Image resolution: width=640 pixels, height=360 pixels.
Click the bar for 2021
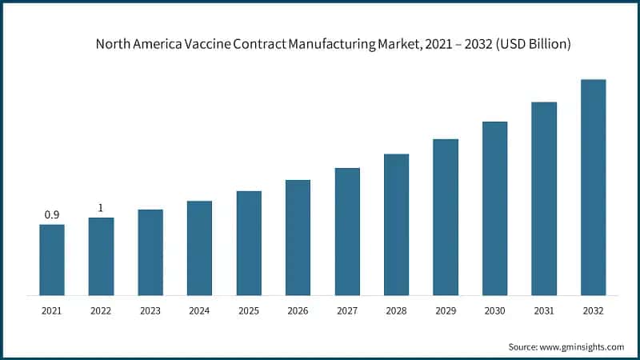[52, 260]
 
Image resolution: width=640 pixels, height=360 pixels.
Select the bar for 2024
[199, 248]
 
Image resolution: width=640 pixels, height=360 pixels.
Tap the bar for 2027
[347, 232]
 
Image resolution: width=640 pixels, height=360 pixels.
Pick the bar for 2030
[494, 209]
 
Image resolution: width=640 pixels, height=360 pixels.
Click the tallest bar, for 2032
[593, 188]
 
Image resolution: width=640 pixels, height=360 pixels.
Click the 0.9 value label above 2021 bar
[52, 214]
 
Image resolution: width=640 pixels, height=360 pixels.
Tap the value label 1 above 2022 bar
[101, 208]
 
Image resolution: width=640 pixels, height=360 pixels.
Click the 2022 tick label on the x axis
[101, 310]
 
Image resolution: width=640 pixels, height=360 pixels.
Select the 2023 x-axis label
[150, 310]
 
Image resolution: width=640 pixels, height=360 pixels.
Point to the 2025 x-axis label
[249, 310]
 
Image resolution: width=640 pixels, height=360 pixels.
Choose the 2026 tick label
[298, 310]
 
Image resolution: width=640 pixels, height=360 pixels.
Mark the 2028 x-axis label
[396, 310]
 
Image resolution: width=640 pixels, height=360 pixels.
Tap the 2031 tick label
[544, 310]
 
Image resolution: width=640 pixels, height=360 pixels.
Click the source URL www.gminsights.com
[582, 346]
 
